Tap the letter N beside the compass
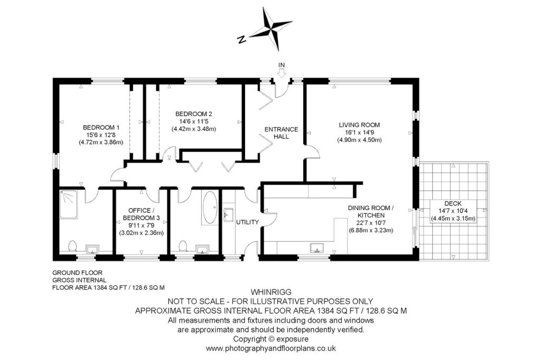tap(242, 39)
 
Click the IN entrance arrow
tap(282, 73)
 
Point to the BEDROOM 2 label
tap(193, 114)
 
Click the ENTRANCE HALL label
tap(281, 133)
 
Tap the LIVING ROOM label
tap(359, 125)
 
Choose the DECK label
tap(453, 203)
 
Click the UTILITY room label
tap(247, 222)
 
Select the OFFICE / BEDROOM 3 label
tap(142, 214)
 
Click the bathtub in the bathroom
tap(210, 207)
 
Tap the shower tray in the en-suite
tap(69, 204)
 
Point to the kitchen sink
tap(317, 248)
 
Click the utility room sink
tap(229, 214)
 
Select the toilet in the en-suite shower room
tap(72, 246)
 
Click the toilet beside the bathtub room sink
tap(183, 246)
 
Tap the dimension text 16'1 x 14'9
tap(359, 132)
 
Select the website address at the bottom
tap(271, 348)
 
